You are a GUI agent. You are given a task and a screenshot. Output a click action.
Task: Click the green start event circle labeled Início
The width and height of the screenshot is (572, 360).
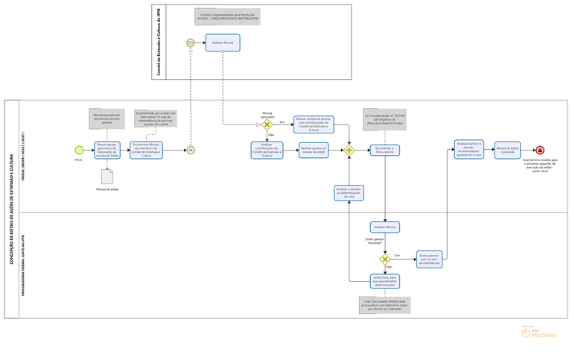coord(79,150)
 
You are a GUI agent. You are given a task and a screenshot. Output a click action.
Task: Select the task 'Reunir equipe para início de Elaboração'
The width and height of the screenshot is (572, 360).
coord(107,150)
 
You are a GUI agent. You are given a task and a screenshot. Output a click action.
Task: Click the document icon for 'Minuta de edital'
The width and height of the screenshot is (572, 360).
coord(107,176)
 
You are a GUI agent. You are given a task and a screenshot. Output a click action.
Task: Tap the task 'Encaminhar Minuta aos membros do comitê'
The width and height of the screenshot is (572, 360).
coord(146,150)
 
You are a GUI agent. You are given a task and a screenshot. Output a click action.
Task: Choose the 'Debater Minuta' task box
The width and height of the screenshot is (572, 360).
coord(222,43)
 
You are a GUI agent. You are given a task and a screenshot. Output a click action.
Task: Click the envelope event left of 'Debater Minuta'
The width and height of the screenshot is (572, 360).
coord(191,43)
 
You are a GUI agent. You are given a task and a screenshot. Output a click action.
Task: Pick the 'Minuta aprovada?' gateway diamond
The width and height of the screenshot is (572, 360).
coord(267,124)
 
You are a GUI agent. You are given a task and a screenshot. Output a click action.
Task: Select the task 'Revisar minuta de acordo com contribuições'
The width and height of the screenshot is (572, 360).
coord(313,124)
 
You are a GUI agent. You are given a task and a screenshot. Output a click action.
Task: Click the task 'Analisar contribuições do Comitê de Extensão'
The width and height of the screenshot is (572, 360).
coord(267,150)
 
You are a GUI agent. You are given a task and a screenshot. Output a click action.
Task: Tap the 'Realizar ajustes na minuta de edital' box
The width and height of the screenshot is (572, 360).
coord(313,150)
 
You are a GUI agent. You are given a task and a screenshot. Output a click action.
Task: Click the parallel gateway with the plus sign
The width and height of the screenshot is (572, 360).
coord(349,150)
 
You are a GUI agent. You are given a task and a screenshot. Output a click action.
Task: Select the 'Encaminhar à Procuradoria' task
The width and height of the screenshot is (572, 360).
coord(385,150)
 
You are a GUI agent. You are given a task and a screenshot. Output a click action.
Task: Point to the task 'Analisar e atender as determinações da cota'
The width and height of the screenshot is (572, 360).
coord(349,193)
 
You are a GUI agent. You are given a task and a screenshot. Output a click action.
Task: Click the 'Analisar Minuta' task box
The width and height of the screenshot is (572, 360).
coord(385,227)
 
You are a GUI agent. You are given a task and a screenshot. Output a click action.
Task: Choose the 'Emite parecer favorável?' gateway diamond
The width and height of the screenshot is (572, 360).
coord(385,259)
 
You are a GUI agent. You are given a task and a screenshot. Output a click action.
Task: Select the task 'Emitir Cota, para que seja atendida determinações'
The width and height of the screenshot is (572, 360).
coord(385,281)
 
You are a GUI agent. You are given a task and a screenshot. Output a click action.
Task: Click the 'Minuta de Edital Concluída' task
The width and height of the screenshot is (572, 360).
coord(508,150)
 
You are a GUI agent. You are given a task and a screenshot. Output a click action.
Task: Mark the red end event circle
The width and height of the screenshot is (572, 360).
coord(539,150)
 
